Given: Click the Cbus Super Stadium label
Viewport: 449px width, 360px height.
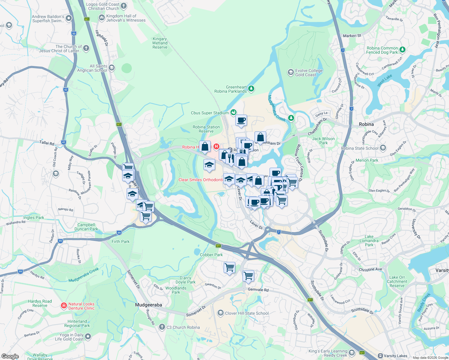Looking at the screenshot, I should [x=210, y=113].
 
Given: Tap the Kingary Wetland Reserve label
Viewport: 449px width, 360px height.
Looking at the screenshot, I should [x=160, y=43].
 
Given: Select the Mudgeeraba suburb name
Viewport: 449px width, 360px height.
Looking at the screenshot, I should [x=149, y=305].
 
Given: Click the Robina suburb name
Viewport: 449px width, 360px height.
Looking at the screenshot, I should [x=366, y=124].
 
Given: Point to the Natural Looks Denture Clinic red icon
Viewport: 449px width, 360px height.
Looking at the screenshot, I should [x=64, y=306].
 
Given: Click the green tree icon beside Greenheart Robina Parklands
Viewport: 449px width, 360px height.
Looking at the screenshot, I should [x=252, y=88].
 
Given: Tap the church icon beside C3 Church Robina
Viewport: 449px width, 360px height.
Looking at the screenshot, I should [x=162, y=327].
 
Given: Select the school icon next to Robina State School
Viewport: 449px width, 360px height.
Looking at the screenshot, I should [x=383, y=148].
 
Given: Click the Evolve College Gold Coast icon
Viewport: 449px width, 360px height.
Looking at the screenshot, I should [x=290, y=72].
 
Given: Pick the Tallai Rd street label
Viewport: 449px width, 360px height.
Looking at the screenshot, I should [x=47, y=143].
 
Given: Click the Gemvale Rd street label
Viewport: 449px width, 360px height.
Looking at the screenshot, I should [x=258, y=289].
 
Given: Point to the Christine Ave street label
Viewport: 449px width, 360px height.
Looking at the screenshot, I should [x=370, y=269].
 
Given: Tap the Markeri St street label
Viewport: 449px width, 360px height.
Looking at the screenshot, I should [x=352, y=36].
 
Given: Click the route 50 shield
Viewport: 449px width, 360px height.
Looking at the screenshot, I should [x=74, y=34].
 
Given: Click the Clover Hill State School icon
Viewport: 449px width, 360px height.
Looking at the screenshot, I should [x=221, y=313].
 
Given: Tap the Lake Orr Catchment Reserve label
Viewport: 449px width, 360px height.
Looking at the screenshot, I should [x=397, y=281].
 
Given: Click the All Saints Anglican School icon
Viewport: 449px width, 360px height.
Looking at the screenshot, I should [x=112, y=68].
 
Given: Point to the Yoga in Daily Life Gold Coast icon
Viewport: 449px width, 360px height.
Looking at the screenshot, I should [x=88, y=337].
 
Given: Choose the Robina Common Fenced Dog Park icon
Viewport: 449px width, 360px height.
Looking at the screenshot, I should [x=402, y=49].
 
